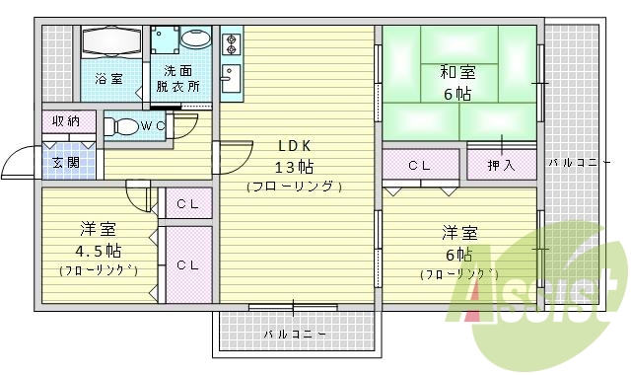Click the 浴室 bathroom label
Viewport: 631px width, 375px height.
pos(108,78)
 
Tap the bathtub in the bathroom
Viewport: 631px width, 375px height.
pos(113,44)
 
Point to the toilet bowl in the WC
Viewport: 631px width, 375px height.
pos(123,127)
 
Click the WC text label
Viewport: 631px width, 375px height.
pos(152,126)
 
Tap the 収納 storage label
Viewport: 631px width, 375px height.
pos(67,122)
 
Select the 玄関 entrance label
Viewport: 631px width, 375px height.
pos(67,163)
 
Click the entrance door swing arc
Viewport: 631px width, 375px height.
pos(18,158)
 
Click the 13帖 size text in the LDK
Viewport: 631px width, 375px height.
pos(294,166)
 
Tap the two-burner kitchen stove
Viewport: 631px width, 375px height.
pos(233,43)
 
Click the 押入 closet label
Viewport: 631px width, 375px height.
pos(501,166)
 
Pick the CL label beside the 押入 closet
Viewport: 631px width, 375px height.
pos(418,166)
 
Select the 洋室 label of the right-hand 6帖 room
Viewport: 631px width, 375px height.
pos(459,233)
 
